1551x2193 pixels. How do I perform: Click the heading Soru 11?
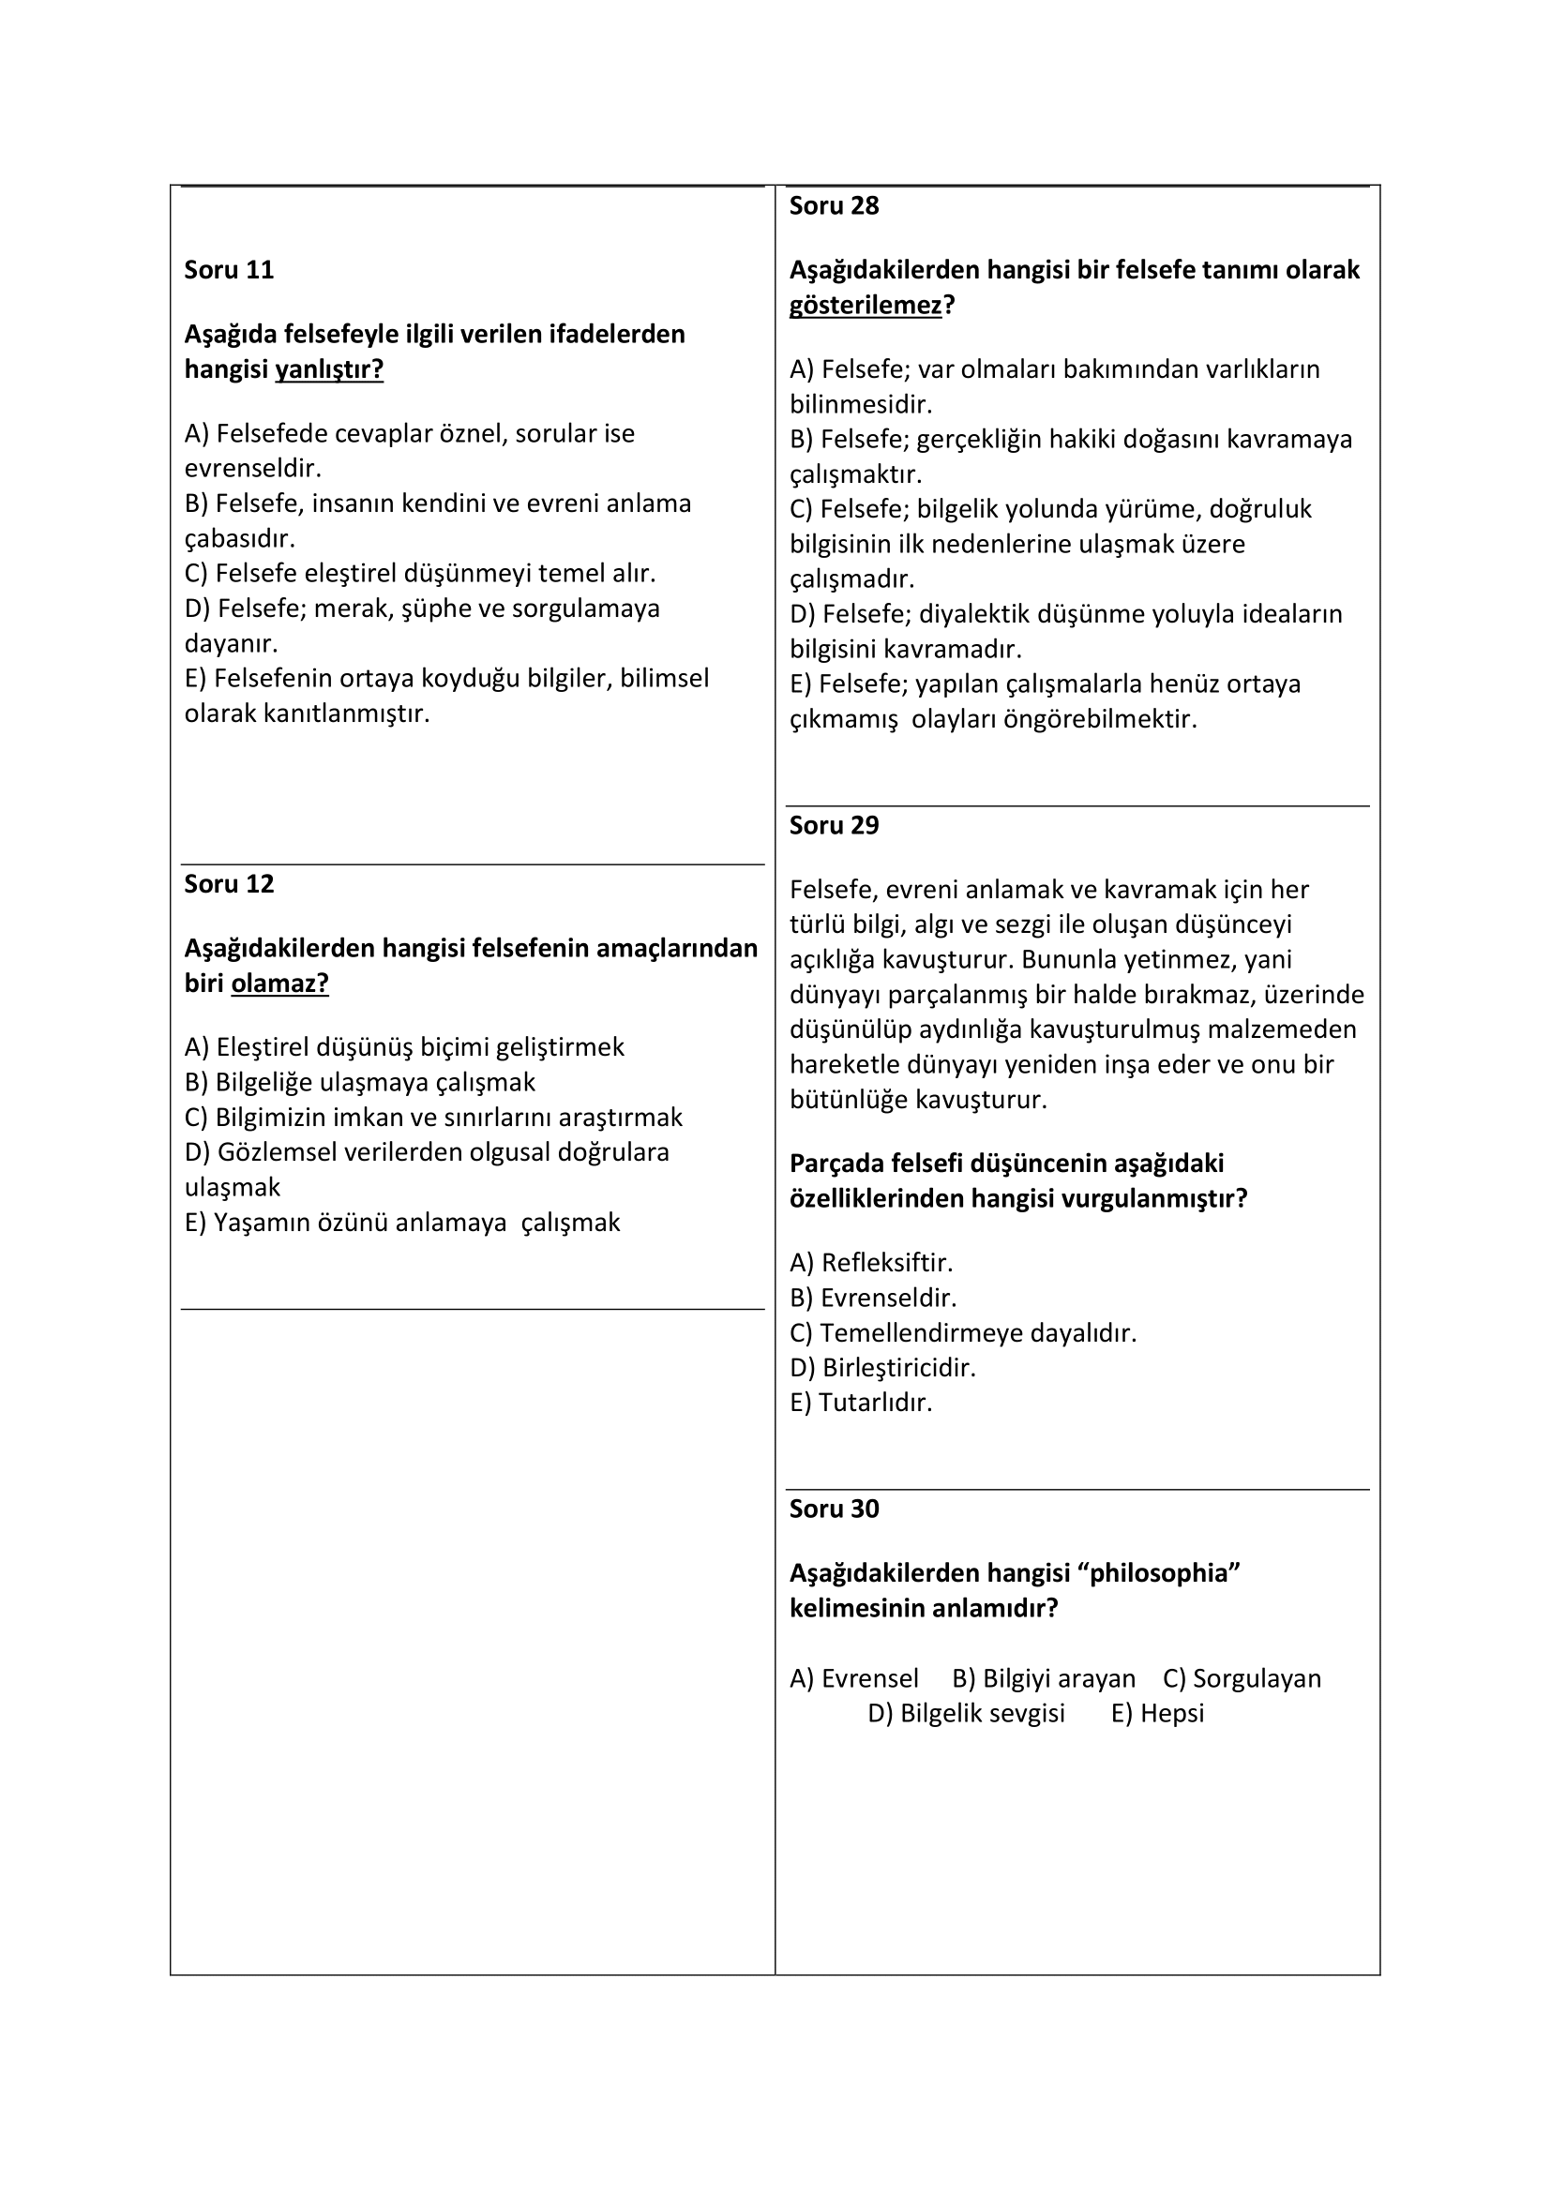(229, 270)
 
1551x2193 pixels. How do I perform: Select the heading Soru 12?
(229, 884)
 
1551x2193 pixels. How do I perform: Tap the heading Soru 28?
(834, 206)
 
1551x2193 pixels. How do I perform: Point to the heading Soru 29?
(834, 826)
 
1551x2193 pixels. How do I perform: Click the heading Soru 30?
(834, 1510)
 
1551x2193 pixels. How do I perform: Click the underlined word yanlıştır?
(328, 369)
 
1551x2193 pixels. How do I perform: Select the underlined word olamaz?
(279, 984)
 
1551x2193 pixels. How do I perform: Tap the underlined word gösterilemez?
(866, 306)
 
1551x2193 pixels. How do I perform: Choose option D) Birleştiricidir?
(882, 1368)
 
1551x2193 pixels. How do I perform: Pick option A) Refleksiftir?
(871, 1263)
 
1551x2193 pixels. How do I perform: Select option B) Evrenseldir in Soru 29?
(873, 1298)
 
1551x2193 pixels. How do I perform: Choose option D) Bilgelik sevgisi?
(966, 1713)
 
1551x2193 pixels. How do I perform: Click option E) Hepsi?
(1157, 1713)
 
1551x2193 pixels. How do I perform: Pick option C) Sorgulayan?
(1242, 1678)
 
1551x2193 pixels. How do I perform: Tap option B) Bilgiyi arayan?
(1044, 1678)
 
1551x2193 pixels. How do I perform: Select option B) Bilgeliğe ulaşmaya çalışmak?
(360, 1082)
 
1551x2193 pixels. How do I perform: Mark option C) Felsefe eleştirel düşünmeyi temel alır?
(420, 573)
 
